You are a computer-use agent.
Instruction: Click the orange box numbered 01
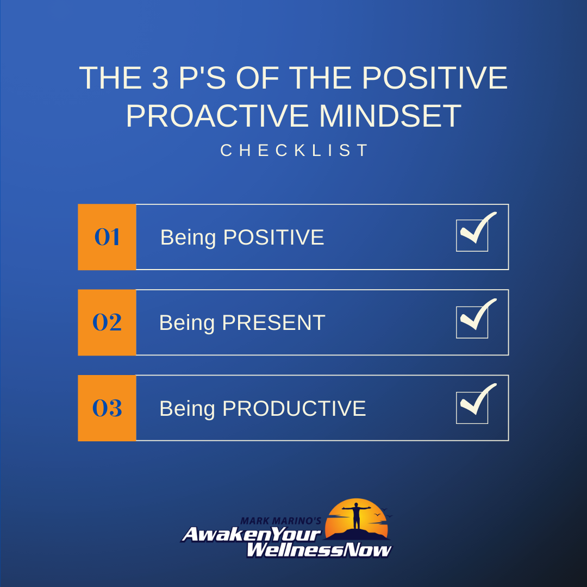click(107, 237)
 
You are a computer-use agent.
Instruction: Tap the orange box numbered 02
click(107, 322)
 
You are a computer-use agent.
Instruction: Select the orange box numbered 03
click(107, 408)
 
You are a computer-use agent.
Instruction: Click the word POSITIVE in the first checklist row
click(273, 238)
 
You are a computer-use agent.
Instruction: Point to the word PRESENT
click(273, 323)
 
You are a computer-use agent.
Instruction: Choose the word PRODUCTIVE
click(294, 408)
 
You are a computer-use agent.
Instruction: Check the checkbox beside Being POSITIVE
click(472, 235)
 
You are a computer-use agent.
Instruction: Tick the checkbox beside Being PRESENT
click(472, 322)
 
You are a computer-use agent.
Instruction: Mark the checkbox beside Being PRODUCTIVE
click(472, 408)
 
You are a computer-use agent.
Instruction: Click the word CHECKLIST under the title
click(294, 151)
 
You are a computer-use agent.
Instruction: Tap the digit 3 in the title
click(160, 78)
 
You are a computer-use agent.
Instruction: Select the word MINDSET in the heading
click(390, 116)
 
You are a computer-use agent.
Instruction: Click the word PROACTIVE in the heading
click(217, 116)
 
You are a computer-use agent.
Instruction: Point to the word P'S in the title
click(202, 78)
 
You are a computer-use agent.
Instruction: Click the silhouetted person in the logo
click(357, 516)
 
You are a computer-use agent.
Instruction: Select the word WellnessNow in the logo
click(319, 550)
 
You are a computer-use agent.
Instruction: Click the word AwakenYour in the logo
click(252, 534)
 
